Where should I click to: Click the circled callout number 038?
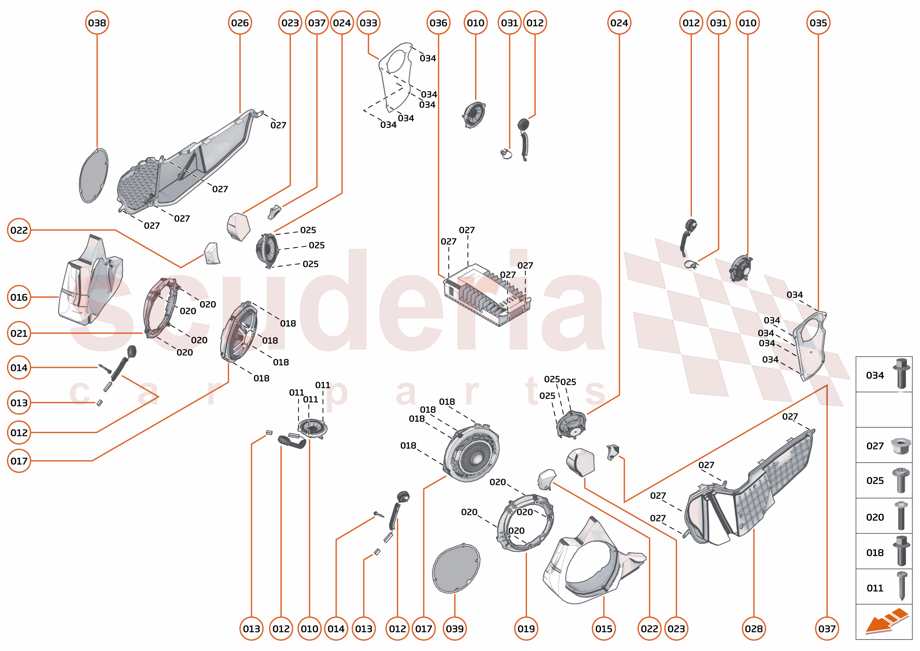pyautogui.click(x=97, y=23)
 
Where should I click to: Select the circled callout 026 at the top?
pyautogui.click(x=240, y=23)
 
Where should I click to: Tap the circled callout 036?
pyautogui.click(x=438, y=23)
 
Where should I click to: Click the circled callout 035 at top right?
pyautogui.click(x=818, y=23)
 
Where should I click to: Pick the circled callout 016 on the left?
pyautogui.click(x=19, y=297)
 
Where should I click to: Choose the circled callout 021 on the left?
pyautogui.click(x=19, y=333)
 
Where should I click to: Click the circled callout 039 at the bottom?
pyautogui.click(x=454, y=629)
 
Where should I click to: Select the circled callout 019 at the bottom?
pyautogui.click(x=526, y=629)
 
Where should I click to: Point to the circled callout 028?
pyautogui.click(x=754, y=629)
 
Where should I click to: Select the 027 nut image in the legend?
pyautogui.click(x=900, y=446)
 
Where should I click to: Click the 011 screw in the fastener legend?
pyautogui.click(x=902, y=586)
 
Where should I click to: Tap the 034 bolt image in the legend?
pyautogui.click(x=901, y=374)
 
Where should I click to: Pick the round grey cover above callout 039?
pyautogui.click(x=456, y=569)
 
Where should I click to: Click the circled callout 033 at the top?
pyautogui.click(x=368, y=23)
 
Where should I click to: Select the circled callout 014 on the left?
pyautogui.click(x=19, y=367)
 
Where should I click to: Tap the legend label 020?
pyautogui.click(x=875, y=517)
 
